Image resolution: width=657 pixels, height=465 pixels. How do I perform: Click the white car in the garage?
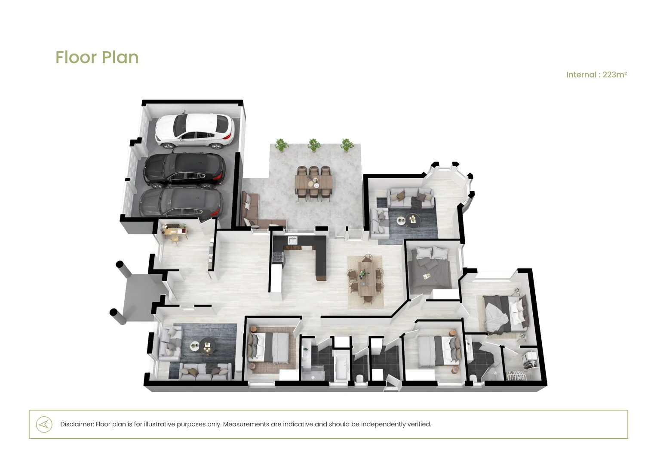coord(194,131)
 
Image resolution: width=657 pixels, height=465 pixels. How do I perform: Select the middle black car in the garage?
coord(184,170)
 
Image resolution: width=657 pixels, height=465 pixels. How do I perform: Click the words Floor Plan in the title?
coord(97,57)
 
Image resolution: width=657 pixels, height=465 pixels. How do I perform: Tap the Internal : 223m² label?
coord(596,74)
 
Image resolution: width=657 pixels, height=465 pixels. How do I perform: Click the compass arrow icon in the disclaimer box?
coord(44,425)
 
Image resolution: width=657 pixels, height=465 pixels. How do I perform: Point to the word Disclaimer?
coord(77,424)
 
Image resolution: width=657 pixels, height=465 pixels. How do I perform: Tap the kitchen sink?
coord(292,240)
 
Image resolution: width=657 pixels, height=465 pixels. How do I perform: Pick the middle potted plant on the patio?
coord(314,145)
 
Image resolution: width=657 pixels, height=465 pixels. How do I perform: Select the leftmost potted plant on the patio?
coord(281,145)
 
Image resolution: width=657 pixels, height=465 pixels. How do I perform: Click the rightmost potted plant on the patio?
coord(347,145)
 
